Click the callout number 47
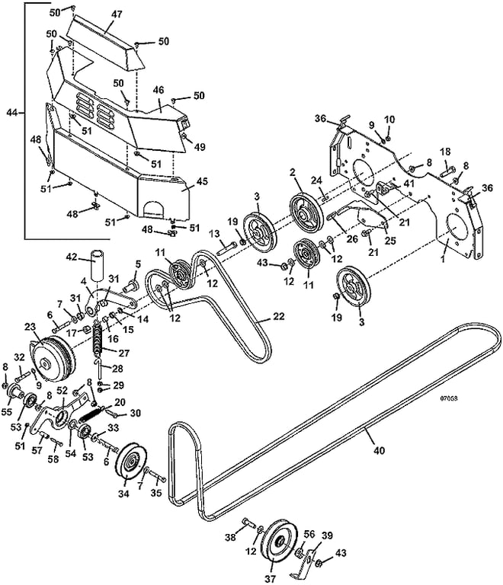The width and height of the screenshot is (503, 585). [117, 14]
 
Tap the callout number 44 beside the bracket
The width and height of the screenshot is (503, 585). [12, 112]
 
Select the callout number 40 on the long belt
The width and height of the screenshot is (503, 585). [379, 451]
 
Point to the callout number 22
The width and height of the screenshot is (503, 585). [278, 316]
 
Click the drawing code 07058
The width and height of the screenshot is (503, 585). [449, 398]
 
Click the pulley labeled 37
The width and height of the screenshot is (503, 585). [279, 546]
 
